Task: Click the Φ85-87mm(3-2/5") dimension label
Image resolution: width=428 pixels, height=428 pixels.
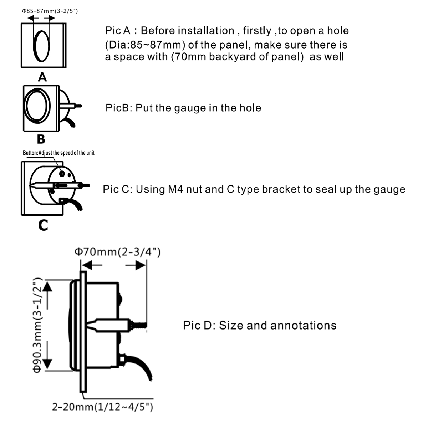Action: pos(50,11)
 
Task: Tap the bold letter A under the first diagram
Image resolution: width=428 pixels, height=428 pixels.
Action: pos(42,77)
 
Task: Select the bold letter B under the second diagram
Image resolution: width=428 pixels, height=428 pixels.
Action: pos(41,139)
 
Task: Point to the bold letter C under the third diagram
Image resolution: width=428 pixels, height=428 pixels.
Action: pos(43,225)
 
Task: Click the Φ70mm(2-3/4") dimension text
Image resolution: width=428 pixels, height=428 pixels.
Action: pos(117,252)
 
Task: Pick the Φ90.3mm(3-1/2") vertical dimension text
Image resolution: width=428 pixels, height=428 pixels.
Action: pos(37,325)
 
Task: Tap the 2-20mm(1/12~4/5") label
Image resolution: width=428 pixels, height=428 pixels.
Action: pos(103,407)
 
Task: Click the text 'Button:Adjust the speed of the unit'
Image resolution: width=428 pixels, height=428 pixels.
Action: pos(58,153)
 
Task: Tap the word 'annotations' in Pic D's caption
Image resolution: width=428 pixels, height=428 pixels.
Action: pos(304,326)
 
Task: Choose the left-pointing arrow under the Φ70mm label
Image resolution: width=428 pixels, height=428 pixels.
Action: pos(92,265)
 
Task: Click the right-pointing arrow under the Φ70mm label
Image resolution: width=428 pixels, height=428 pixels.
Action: pos(136,265)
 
